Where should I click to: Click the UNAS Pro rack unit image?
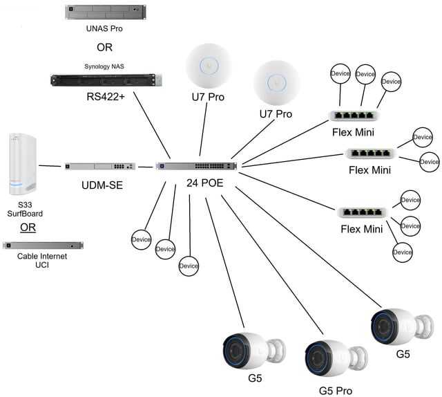tap(97, 12)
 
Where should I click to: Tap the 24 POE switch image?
tap(196, 167)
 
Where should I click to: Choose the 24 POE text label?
tap(204, 183)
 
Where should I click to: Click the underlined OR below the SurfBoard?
tap(28, 228)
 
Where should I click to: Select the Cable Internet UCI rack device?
tap(43, 245)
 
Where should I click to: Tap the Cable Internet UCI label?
tap(43, 261)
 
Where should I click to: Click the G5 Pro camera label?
tap(336, 390)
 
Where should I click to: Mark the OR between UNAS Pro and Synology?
tap(104, 48)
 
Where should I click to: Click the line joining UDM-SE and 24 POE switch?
tap(146, 167)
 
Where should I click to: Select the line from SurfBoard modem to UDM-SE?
tap(51, 166)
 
